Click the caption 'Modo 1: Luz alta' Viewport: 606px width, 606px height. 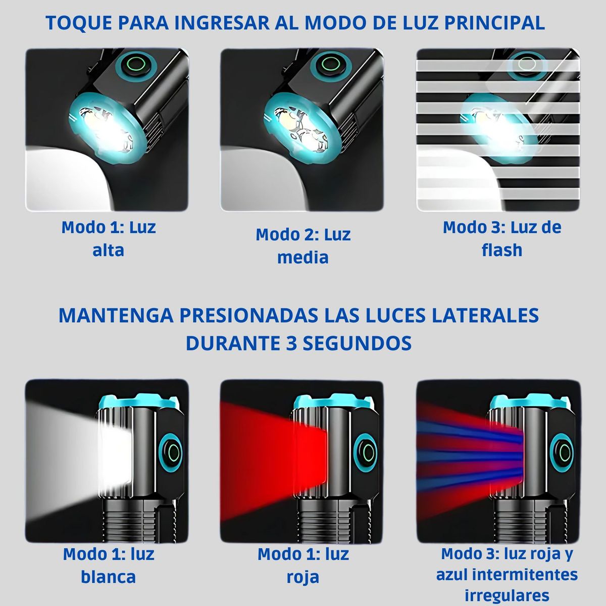(x=109, y=238)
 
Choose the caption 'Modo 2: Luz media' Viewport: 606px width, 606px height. (x=303, y=246)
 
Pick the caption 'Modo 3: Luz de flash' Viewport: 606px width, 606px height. (x=502, y=238)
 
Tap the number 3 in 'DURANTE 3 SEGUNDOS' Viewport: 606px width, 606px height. (x=291, y=343)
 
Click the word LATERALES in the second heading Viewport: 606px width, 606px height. (x=491, y=315)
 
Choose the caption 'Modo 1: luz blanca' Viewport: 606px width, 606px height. (x=109, y=565)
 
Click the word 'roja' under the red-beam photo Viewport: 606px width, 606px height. (x=303, y=577)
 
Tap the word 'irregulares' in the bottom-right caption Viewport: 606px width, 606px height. (x=507, y=595)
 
